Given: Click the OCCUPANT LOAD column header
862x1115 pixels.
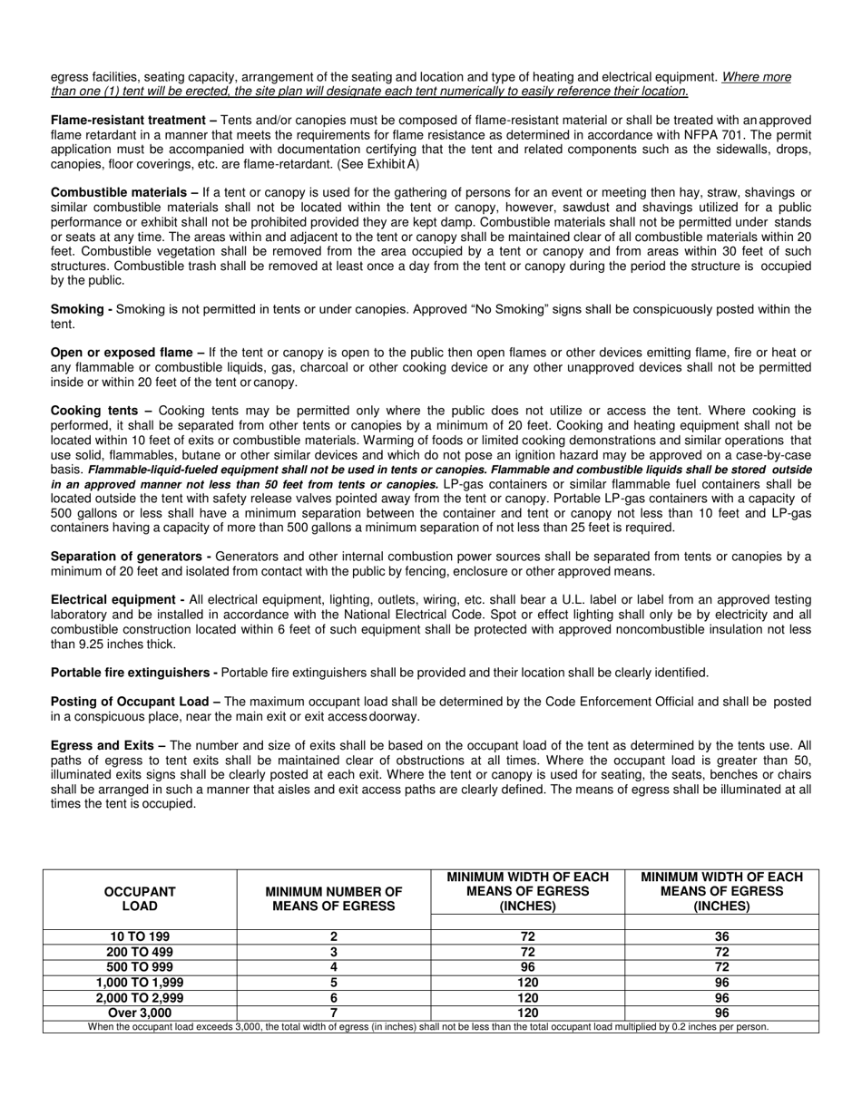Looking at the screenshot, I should click(140, 898).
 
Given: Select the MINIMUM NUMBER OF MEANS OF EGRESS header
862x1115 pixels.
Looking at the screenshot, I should click(334, 898).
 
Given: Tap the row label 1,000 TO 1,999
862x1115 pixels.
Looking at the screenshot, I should click(140, 982).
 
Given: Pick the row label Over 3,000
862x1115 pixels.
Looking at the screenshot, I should click(140, 1013).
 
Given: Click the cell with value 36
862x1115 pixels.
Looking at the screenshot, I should click(722, 936).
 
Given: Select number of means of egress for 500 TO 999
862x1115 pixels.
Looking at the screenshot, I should click(334, 966).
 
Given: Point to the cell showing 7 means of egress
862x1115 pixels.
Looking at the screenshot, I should click(334, 1013).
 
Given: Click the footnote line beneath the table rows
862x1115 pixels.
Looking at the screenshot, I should click(428, 1026).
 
